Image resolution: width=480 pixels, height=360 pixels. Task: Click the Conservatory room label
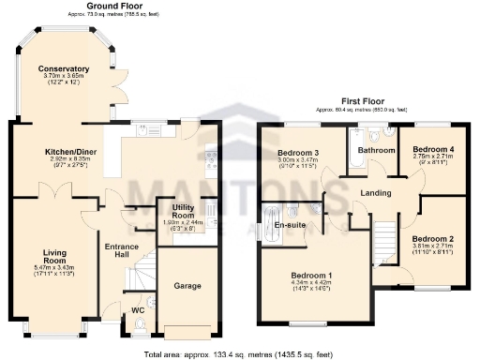(x=64, y=68)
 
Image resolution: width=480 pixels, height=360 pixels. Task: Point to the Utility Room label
(x=175, y=211)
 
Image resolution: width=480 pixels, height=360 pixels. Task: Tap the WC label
(x=138, y=308)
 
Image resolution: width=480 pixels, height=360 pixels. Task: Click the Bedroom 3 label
(x=297, y=153)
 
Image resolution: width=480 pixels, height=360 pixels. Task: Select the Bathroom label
(x=376, y=150)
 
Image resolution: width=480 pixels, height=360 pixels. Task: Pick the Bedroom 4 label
(x=434, y=149)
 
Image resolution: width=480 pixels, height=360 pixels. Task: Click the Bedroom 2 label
(x=433, y=238)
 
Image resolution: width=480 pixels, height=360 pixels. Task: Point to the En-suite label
(x=290, y=226)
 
